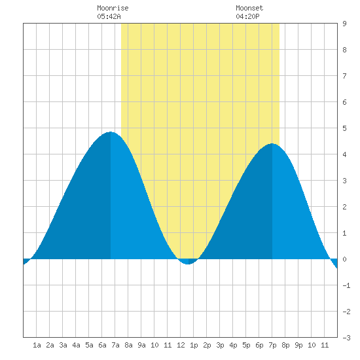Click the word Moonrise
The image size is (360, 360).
[113, 8]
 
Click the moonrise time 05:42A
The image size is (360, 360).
[109, 16]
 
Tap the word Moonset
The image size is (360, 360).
[249, 8]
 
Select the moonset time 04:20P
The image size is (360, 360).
[247, 16]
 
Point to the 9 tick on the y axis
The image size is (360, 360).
[344, 24]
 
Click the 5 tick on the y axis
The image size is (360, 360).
[344, 128]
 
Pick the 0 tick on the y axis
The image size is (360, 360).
[344, 259]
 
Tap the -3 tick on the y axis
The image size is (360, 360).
[346, 338]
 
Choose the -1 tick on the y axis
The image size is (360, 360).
[346, 285]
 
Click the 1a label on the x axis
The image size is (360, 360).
[37, 345]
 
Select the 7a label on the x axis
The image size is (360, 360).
[115, 345]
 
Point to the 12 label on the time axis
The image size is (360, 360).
[181, 345]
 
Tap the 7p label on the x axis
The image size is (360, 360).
[272, 345]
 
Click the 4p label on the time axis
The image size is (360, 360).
[233, 345]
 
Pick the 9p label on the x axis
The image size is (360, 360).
[298, 345]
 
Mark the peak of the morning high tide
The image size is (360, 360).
[111, 132]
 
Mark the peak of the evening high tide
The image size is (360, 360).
[272, 143]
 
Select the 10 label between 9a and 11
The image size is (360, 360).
[154, 345]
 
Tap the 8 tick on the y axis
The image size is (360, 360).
[344, 50]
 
